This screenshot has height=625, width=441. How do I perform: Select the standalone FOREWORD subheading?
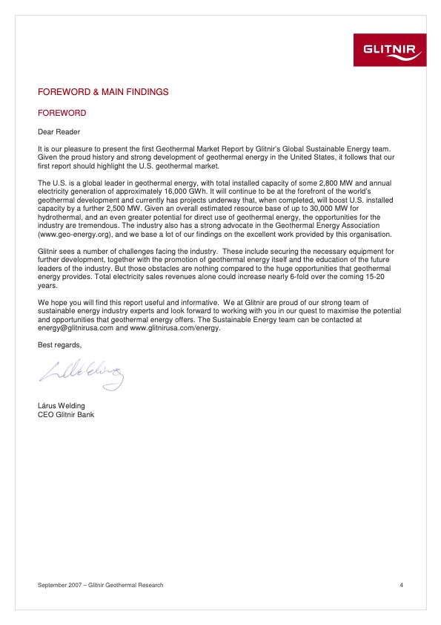click(x=62, y=114)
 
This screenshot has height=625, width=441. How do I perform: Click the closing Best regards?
click(x=60, y=345)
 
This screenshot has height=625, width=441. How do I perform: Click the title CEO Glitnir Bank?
click(x=66, y=415)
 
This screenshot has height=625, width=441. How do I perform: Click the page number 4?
click(x=401, y=586)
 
